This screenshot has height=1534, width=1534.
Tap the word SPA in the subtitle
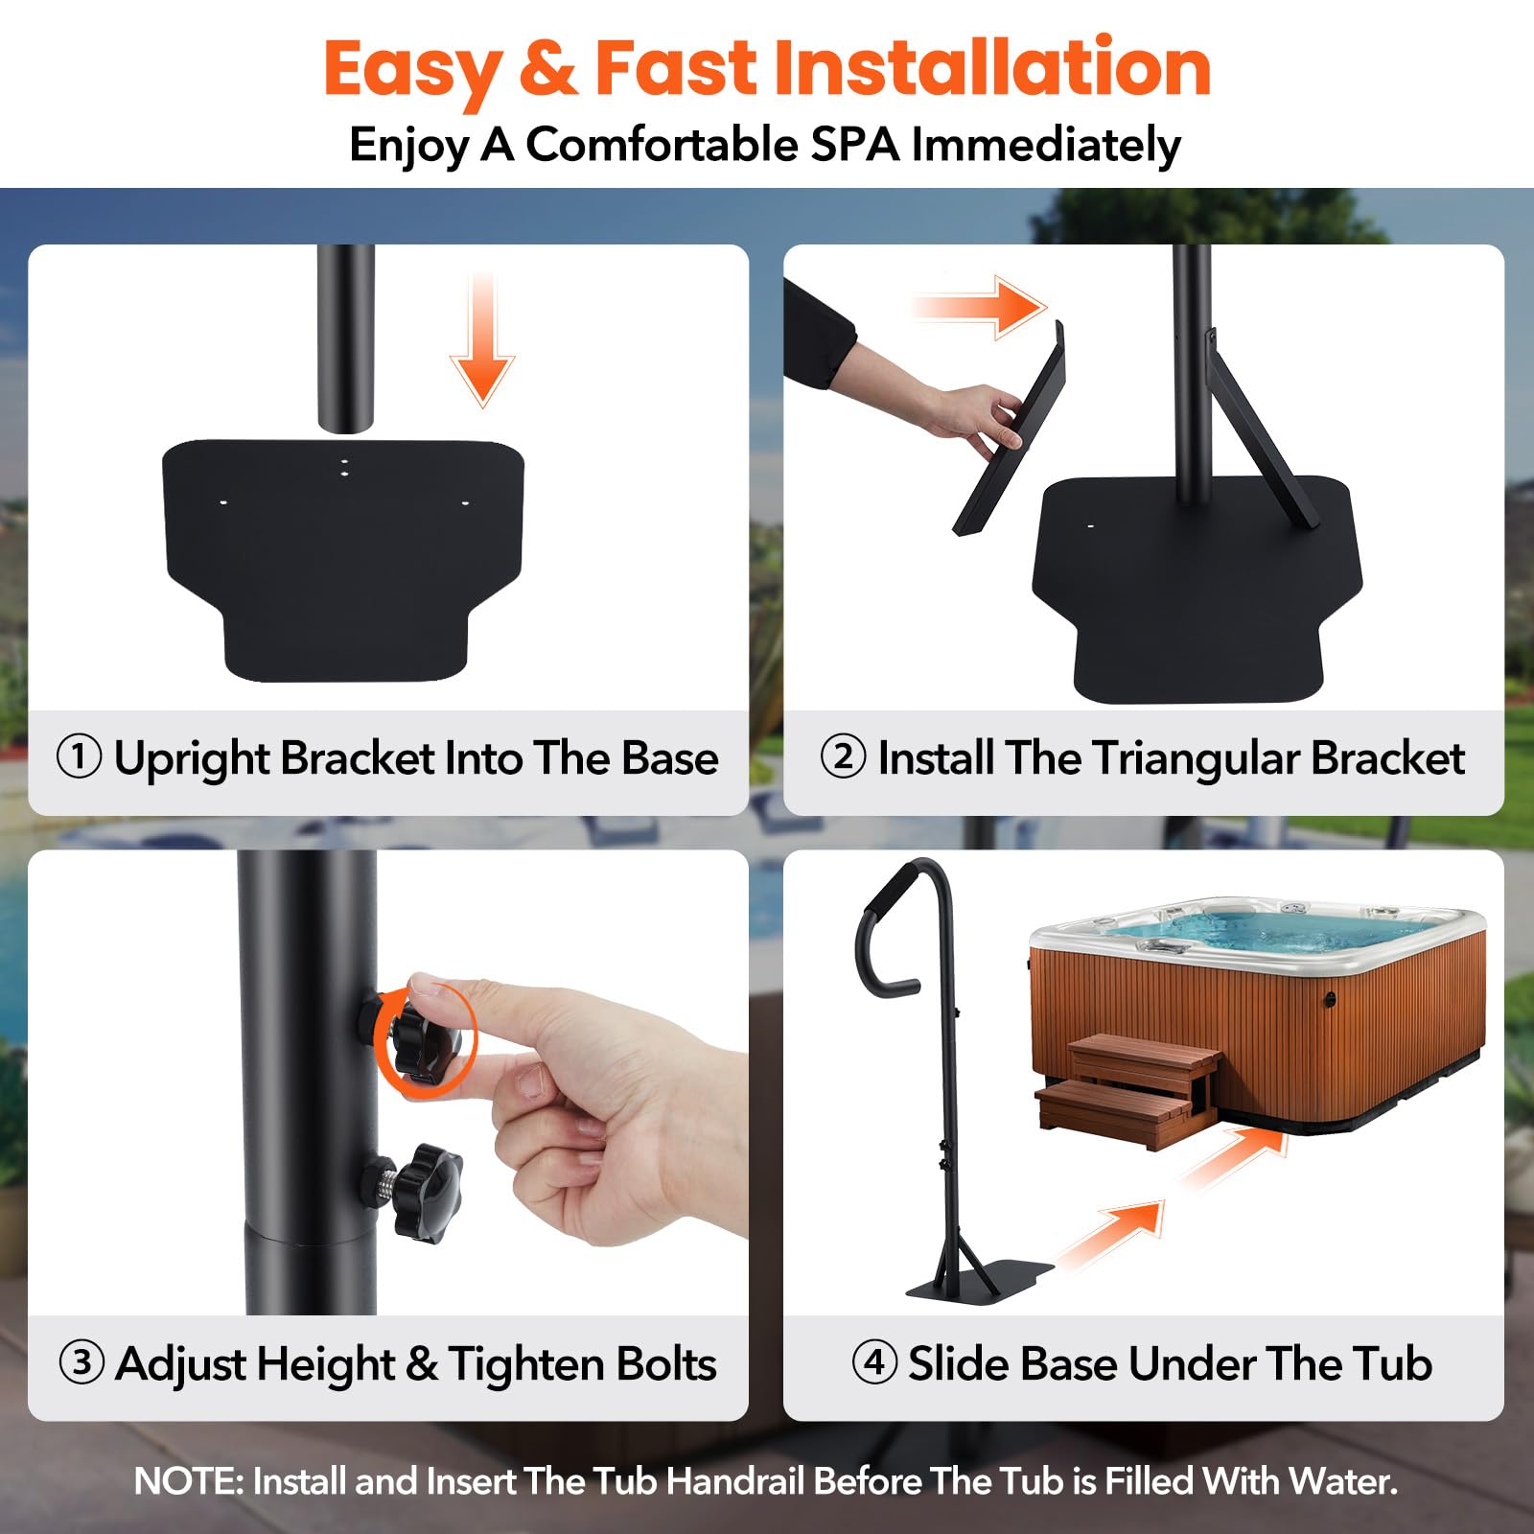tap(855, 145)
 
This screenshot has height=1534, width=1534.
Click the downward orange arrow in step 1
tap(482, 340)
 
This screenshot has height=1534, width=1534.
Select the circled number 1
tap(80, 756)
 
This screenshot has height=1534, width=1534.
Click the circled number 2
tap(843, 756)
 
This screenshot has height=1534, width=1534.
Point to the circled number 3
tap(81, 1362)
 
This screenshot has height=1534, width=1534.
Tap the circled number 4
tap(874, 1361)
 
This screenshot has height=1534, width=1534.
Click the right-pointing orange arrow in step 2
tap(978, 307)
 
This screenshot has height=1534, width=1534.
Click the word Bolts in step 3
tap(666, 1363)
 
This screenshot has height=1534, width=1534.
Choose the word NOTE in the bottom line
tap(189, 1481)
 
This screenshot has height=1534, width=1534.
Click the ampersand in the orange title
tap(547, 68)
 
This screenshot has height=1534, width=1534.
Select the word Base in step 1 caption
tap(670, 757)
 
